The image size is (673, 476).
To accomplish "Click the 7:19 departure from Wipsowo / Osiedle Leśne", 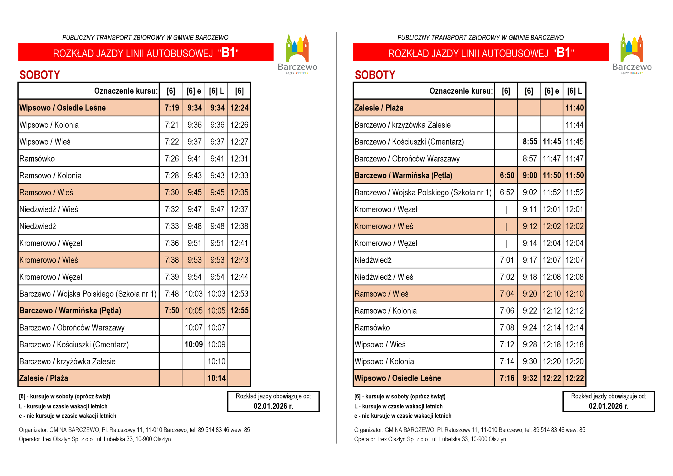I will pos(171,108).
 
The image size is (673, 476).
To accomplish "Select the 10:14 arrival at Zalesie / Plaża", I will pos(216,378).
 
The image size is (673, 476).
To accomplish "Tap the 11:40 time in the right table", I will pos(574,108).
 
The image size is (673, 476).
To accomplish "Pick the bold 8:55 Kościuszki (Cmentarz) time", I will pos(530,142).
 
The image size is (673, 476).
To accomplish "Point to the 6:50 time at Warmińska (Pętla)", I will pos(507,176).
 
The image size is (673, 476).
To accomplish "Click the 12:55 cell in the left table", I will pos(239,310).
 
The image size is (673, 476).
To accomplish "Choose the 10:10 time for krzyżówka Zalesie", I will pos(216,361).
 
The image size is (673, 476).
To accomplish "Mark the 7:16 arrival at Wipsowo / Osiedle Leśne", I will pos(507,378).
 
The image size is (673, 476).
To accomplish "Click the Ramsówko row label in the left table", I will pos(37,159).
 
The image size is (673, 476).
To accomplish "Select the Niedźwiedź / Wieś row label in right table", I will pos(384,277).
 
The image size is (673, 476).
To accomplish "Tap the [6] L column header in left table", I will pos(216,91).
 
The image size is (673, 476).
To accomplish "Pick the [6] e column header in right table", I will pos(551,91).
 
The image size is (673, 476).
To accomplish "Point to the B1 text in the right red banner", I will pos(563,53).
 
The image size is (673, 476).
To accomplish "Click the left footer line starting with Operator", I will pos(95,439).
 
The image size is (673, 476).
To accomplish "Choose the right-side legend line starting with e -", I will pos(402,415).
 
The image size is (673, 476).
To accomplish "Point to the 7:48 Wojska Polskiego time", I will pos(171,294).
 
